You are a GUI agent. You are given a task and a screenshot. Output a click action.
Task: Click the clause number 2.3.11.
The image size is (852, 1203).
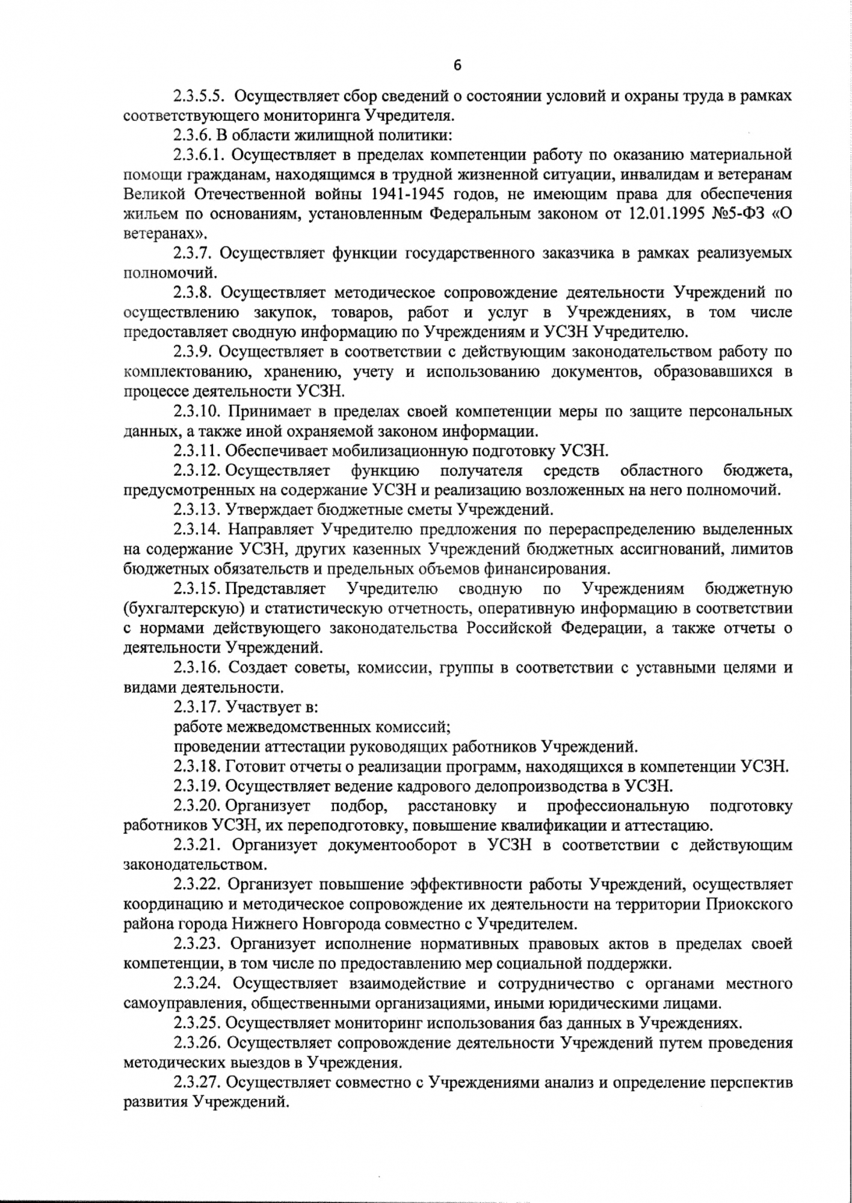pos(197,451)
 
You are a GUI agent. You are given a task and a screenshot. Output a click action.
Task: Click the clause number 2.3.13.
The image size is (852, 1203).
pos(197,509)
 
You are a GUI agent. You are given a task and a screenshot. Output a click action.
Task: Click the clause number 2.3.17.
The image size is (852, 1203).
pos(197,707)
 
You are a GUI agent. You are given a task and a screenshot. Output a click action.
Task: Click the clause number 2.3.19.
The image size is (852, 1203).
pos(197,786)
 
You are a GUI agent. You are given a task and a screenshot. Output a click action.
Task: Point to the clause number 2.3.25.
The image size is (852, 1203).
pos(197,1022)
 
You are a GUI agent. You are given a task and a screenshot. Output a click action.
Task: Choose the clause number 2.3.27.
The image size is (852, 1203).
pos(197,1081)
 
